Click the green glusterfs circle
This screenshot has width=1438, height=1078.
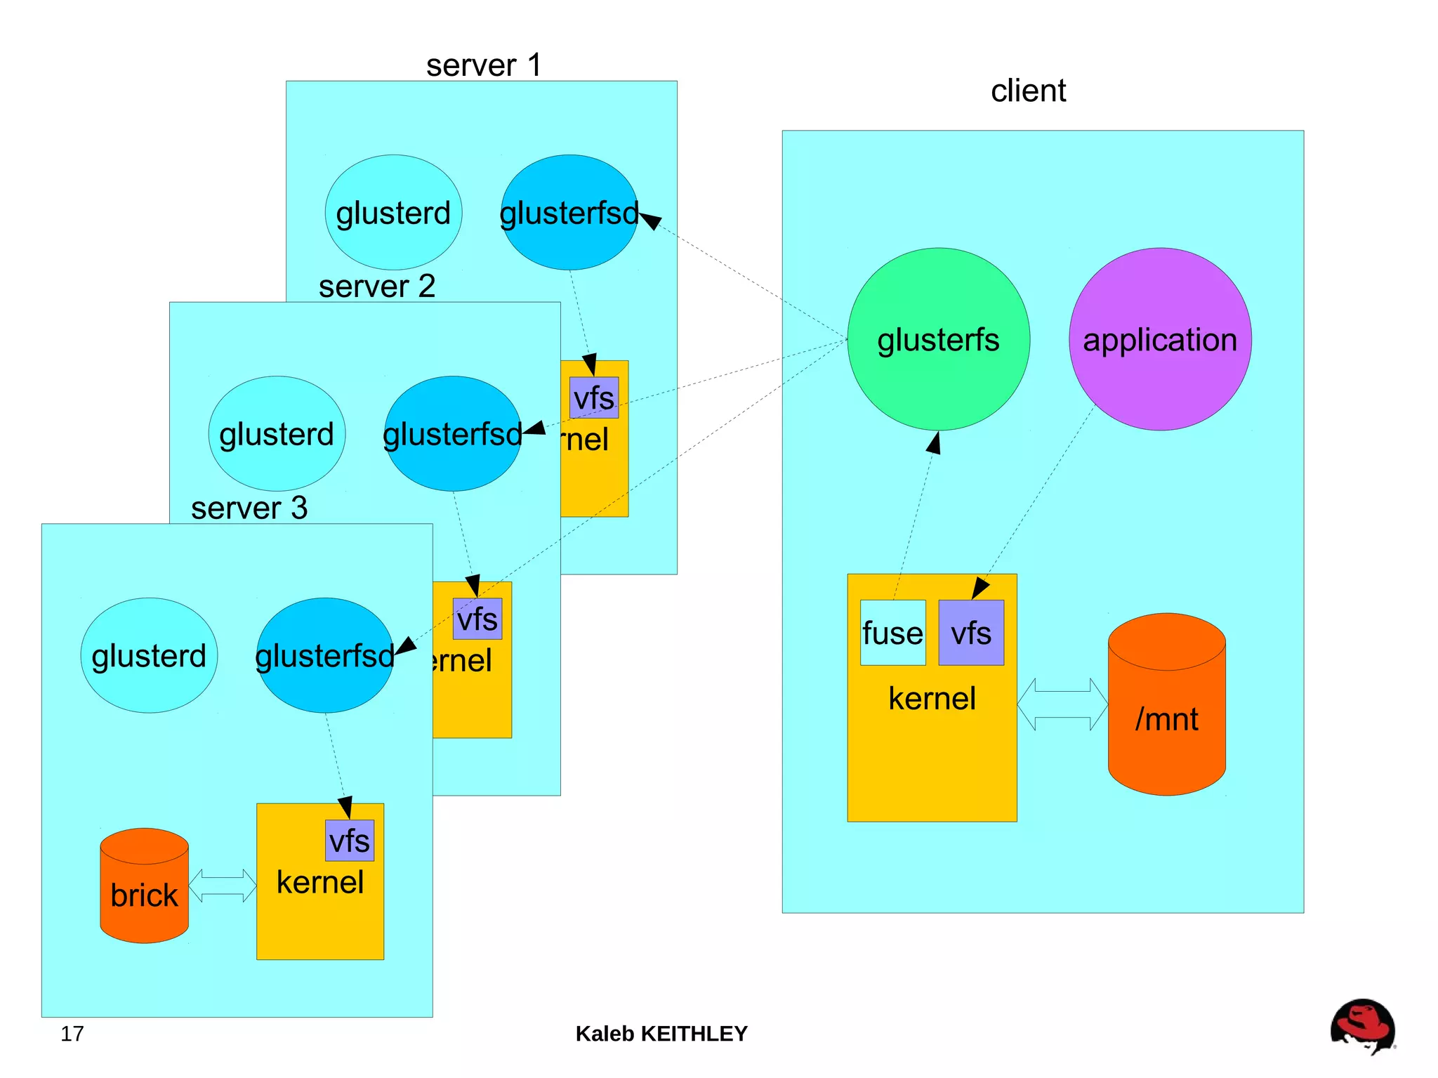[938, 339]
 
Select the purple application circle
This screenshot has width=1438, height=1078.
[1160, 339]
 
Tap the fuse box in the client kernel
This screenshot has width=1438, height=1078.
[892, 633]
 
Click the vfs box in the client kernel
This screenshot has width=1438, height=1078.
[971, 633]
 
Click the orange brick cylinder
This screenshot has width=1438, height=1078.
[145, 892]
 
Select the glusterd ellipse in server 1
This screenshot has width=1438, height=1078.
[393, 213]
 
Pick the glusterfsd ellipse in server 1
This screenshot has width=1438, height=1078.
[569, 213]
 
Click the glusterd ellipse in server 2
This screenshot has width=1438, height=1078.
[277, 434]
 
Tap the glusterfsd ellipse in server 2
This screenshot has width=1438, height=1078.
[452, 434]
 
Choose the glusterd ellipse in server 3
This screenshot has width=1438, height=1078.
[149, 656]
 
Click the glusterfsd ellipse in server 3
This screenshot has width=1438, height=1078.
[324, 656]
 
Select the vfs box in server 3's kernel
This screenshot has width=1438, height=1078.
[350, 841]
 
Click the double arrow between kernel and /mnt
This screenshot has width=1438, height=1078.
[1062, 704]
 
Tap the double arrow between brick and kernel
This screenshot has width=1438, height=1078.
[223, 885]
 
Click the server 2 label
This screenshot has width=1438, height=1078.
[377, 287]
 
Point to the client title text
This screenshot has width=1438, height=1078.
[1028, 91]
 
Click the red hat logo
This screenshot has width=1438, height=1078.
[1362, 1026]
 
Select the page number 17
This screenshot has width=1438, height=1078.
[72, 1034]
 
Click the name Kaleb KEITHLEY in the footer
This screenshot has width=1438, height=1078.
[661, 1034]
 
